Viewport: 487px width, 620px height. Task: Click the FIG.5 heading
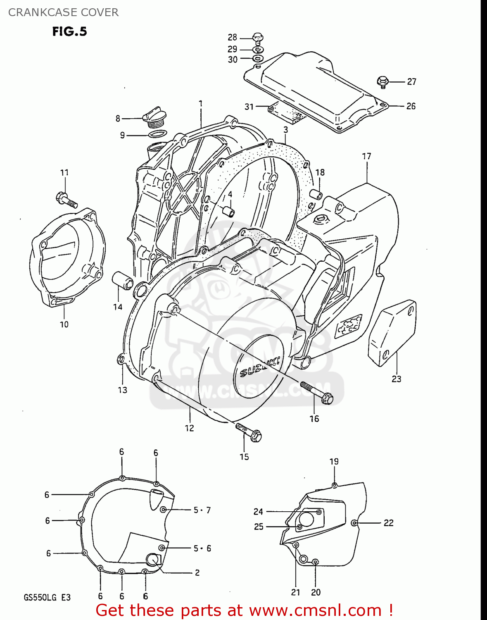(69, 31)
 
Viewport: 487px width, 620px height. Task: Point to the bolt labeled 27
(382, 81)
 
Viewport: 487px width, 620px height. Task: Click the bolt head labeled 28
(258, 38)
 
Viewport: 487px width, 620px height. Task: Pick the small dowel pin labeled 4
(228, 211)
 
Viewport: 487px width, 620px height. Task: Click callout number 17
(366, 156)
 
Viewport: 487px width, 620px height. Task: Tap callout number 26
(411, 106)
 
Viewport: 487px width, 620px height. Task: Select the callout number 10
(64, 324)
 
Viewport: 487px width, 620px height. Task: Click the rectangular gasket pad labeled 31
(287, 113)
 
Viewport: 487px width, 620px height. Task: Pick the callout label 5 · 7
(202, 510)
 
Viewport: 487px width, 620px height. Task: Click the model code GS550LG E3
(47, 598)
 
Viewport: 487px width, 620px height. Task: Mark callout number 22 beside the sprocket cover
(388, 523)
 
